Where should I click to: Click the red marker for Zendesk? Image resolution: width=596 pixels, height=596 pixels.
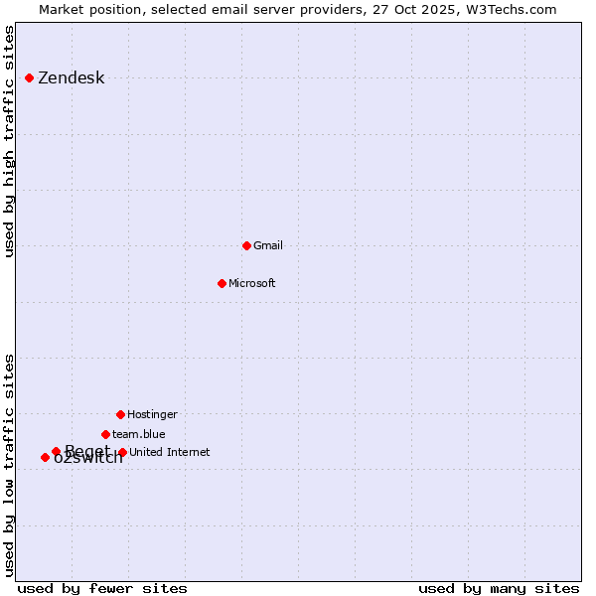[x=30, y=77]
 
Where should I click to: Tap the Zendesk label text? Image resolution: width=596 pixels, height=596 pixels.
[x=71, y=78]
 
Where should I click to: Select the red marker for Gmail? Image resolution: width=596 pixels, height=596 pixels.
[x=246, y=245]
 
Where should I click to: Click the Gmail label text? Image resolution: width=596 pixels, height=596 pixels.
[x=268, y=245]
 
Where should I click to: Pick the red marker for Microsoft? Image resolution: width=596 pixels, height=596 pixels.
[x=222, y=283]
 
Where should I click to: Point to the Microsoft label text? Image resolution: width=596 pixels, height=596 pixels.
[x=251, y=283]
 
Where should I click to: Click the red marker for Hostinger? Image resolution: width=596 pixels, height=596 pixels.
[x=120, y=414]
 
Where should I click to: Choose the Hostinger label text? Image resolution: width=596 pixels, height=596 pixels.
[x=152, y=414]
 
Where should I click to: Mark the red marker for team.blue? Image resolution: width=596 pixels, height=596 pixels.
[x=105, y=434]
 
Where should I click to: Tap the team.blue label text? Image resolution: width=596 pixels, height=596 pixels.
[x=138, y=434]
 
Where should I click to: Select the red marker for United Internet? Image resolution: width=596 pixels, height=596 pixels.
[x=122, y=452]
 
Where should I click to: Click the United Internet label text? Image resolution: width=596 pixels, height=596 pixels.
[x=169, y=452]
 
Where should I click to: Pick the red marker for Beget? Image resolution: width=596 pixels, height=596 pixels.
[x=56, y=451]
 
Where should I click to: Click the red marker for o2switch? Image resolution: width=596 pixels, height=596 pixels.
[x=45, y=457]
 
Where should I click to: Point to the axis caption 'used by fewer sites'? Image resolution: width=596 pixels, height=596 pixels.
[x=102, y=588]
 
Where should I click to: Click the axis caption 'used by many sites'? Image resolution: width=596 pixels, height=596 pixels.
[x=499, y=588]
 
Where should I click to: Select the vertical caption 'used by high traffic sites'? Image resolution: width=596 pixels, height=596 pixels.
[x=9, y=141]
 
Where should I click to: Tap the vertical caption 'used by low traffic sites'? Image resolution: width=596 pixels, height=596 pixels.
[x=9, y=465]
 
